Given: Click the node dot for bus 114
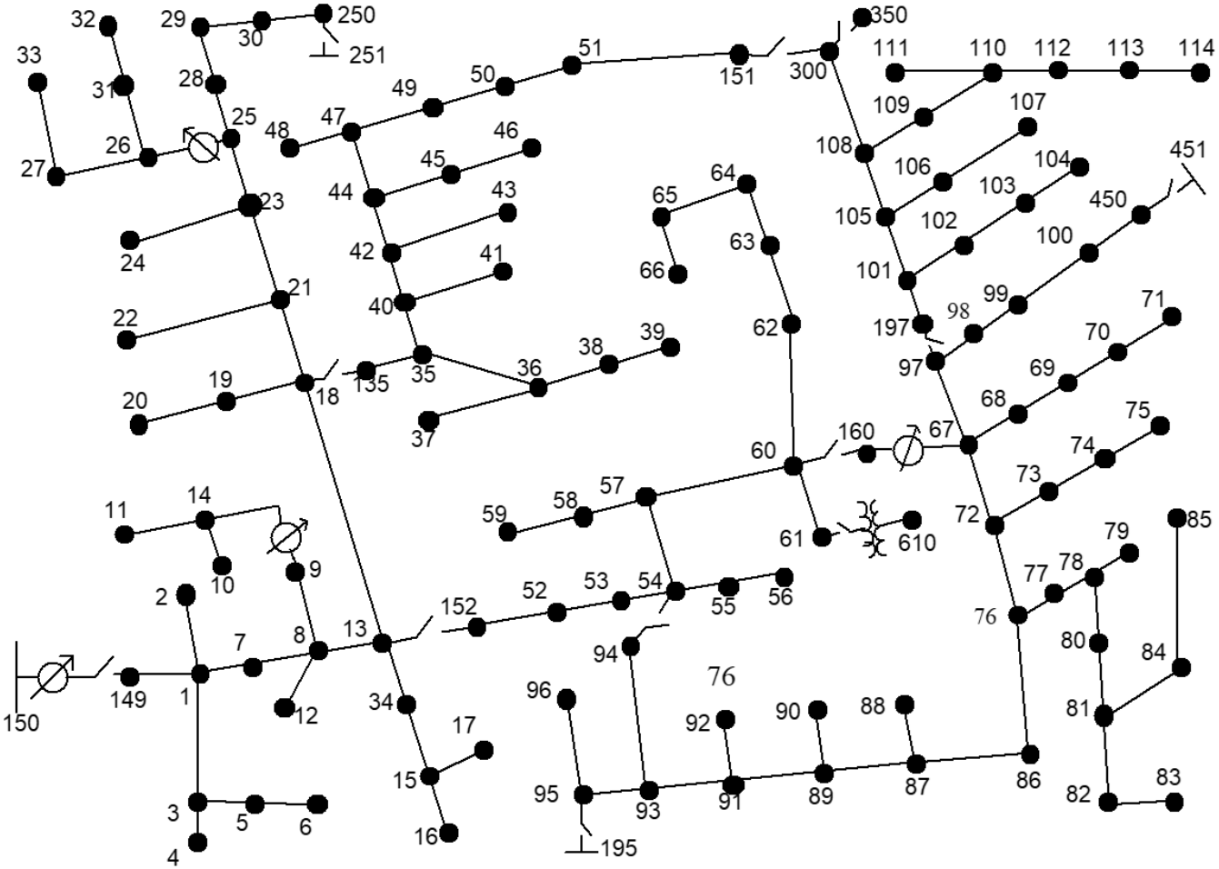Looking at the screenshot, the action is click(1201, 73).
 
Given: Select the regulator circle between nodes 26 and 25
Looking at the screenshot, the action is click(203, 147).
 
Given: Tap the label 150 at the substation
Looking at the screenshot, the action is click(21, 724).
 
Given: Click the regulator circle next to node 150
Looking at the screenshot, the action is click(53, 678).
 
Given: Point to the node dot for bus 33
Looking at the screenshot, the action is click(37, 83).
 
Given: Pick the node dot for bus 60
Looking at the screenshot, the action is click(793, 466).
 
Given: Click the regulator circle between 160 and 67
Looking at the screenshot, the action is click(908, 451).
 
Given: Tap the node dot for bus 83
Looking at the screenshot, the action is click(1174, 802).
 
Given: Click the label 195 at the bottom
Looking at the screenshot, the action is click(619, 848).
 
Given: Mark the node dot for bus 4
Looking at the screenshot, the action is click(197, 843).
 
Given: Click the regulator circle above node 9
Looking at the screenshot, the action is click(285, 538).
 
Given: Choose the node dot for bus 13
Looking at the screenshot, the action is click(382, 644).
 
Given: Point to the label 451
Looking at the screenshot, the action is click(1188, 149).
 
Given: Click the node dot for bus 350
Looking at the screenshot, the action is click(862, 18).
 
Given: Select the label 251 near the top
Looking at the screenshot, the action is click(367, 55).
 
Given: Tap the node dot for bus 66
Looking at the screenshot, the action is click(677, 275).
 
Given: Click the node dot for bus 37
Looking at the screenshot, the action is click(429, 421).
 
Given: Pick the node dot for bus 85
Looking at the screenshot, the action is click(1176, 518).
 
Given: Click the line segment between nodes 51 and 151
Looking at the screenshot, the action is click(655, 60).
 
